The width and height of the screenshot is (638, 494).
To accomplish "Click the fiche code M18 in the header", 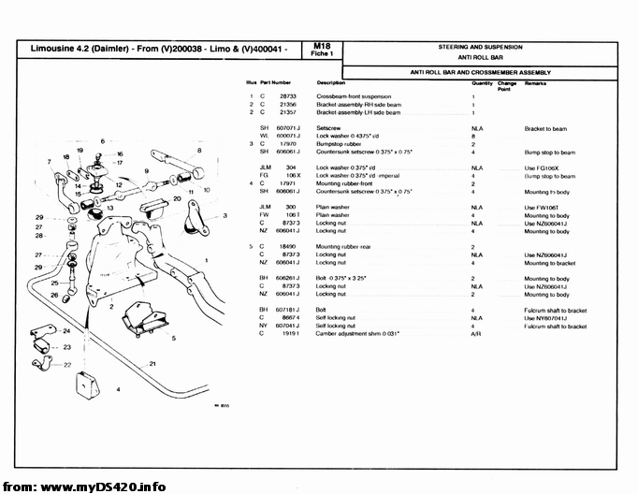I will (x=322, y=45).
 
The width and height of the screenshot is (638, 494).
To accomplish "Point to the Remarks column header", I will (x=535, y=82).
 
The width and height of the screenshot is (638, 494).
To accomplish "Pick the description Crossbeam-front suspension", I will (x=354, y=96).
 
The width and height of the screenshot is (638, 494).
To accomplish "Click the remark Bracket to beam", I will (x=545, y=128).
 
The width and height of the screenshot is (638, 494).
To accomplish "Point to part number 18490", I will (x=290, y=246).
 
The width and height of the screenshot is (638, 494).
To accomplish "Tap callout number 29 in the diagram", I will (x=40, y=217).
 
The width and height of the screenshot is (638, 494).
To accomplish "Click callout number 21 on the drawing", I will (x=152, y=362).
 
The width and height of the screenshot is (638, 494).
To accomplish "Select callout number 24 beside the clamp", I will (x=65, y=331).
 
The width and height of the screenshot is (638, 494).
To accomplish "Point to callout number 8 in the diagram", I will (x=198, y=151).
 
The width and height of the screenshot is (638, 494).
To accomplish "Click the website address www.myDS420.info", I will (x=104, y=487).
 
